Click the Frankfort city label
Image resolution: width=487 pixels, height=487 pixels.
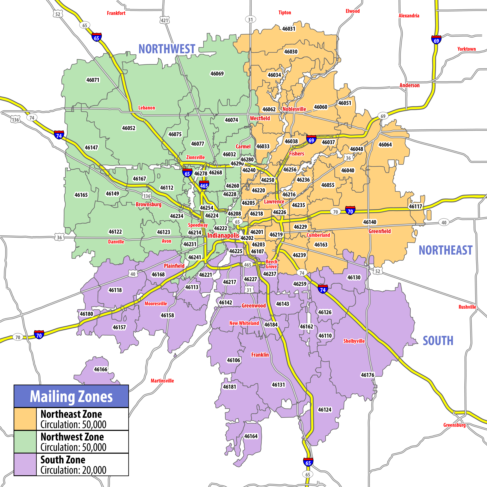116,13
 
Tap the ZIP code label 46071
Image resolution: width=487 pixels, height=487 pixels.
93,80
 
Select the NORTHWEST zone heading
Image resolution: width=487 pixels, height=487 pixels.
167,49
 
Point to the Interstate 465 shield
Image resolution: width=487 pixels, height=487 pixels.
204,185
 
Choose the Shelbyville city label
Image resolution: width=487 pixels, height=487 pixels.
354,341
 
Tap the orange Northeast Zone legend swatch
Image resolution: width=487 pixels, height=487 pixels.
25,419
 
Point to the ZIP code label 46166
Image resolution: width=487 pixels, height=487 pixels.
101,369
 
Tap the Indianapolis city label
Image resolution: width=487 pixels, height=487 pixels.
223,235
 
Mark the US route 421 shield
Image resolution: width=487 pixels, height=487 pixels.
164,20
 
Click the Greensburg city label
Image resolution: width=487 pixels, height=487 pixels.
455,425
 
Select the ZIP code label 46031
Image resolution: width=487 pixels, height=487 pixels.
289,29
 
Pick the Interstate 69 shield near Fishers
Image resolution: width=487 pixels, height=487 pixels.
311,140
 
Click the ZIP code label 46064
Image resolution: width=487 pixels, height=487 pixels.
385,145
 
